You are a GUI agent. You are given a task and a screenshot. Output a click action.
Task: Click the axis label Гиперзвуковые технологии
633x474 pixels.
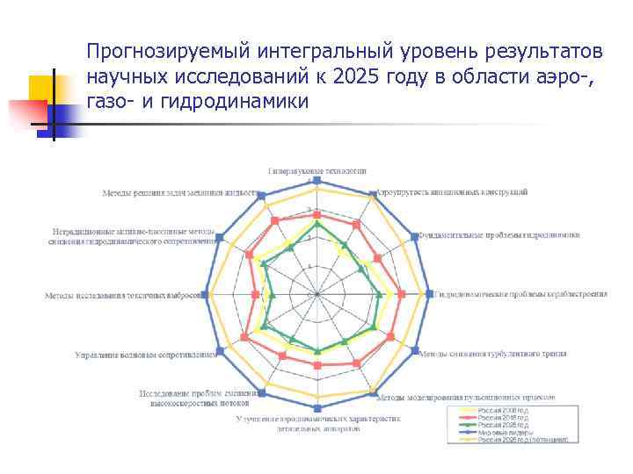point(316,170)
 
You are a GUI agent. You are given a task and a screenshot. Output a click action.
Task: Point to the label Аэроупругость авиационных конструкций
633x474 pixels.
point(453,191)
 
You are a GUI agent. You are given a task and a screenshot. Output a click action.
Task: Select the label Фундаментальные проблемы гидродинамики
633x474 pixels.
point(498,235)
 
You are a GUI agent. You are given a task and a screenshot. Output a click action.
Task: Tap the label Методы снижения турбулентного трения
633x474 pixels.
point(491,354)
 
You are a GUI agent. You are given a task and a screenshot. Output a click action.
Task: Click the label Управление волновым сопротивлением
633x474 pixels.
point(145,355)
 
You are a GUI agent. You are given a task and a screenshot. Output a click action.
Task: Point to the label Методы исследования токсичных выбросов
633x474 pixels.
point(125,296)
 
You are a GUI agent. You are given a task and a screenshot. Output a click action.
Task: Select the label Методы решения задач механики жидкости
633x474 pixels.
point(179,192)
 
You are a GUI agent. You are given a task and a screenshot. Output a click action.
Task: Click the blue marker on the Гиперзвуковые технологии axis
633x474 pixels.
point(317,181)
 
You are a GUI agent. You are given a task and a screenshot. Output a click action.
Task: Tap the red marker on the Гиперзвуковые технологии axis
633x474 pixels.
point(317,215)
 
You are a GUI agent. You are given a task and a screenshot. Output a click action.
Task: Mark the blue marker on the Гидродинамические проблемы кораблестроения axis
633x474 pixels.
point(428,294)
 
